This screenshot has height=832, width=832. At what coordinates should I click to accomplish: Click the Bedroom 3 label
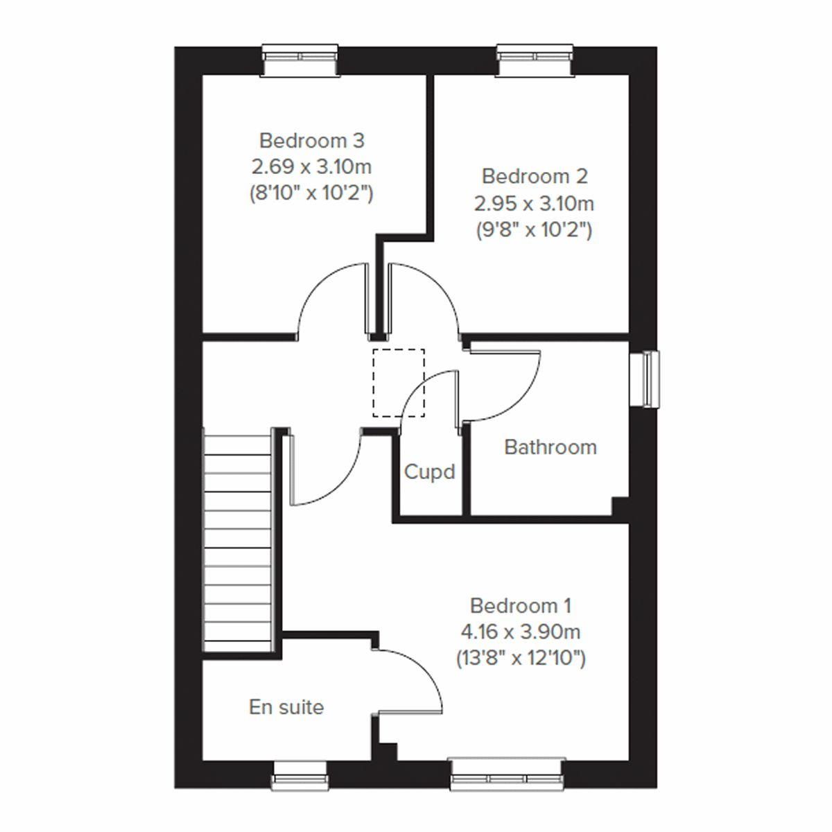click(311, 141)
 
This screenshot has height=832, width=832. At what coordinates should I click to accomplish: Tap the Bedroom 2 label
click(535, 176)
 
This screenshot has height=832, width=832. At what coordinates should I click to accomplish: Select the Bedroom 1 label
click(520, 606)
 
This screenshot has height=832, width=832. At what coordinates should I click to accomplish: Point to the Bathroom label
click(551, 447)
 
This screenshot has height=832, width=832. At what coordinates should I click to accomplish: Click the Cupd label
click(429, 472)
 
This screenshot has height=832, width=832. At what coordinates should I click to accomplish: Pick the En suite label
click(286, 707)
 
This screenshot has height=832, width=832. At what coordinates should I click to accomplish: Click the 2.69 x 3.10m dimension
click(311, 167)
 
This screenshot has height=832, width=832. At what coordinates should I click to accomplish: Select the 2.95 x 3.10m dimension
click(535, 203)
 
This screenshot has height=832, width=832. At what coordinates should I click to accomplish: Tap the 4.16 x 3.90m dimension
click(520, 632)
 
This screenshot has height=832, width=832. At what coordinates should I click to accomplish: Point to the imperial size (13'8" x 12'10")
click(520, 658)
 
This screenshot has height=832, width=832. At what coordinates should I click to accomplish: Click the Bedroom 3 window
click(300, 60)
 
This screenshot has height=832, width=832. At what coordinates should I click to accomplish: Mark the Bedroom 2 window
click(536, 60)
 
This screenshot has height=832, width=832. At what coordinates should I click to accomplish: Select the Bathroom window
click(644, 379)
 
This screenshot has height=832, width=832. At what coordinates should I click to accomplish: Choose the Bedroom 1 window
click(508, 774)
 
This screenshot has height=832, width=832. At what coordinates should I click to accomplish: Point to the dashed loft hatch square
click(399, 383)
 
